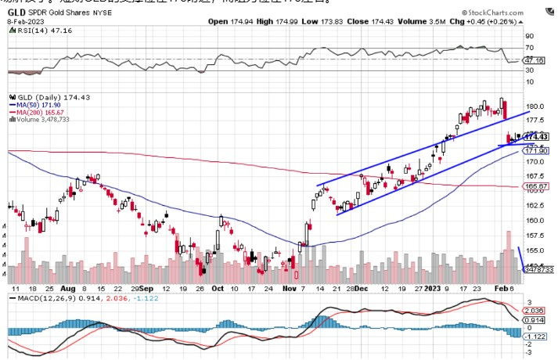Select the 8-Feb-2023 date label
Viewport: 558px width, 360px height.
(x=21, y=22)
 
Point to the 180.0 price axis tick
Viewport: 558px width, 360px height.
(x=535, y=106)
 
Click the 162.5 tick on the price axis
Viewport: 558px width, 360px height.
(x=535, y=206)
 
